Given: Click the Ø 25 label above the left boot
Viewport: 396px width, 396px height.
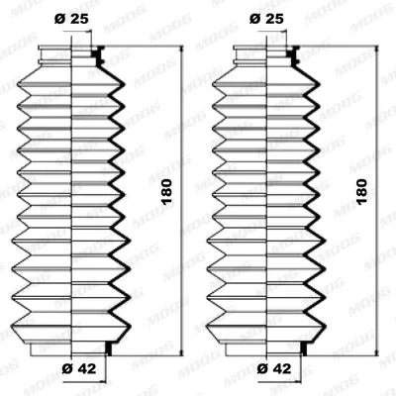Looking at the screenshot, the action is click(71, 19).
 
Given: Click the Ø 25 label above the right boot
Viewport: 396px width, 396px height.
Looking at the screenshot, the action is click(266, 19).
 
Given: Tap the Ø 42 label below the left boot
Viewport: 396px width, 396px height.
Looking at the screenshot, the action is click(79, 368).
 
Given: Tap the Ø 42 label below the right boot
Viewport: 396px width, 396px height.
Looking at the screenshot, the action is click(274, 368).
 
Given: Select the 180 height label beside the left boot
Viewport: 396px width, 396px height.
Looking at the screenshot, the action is click(167, 191).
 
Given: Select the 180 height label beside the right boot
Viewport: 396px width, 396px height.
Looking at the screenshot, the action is click(362, 191).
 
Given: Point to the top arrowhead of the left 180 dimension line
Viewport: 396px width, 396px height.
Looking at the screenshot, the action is click(181, 49).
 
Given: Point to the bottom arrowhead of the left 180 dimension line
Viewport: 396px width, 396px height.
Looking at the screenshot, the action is click(181, 353).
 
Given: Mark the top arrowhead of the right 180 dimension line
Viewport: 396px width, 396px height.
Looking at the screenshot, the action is click(376, 49).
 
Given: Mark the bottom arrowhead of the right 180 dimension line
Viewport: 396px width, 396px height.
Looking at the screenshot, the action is click(376, 353).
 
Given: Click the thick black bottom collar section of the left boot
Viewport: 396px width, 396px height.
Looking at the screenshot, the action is click(109, 349).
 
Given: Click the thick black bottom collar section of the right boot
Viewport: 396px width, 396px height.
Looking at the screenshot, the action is click(304, 349).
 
